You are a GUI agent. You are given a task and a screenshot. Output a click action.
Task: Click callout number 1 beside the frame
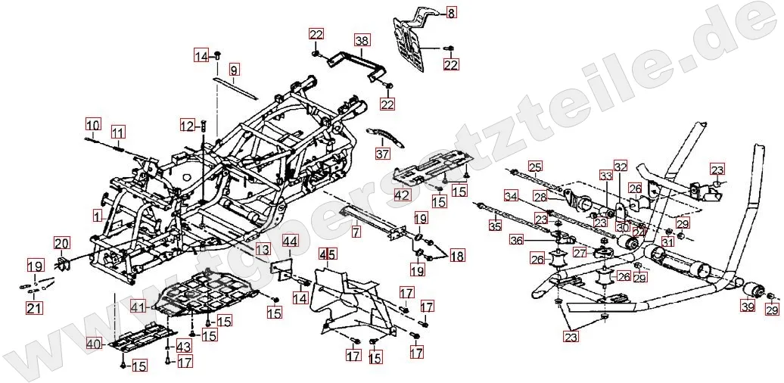[x=97, y=216]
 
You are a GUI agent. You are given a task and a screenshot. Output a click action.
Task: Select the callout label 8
[x=451, y=13]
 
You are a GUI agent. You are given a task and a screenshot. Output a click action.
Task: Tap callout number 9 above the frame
[x=234, y=71]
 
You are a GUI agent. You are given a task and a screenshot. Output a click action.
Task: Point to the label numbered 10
[x=92, y=125]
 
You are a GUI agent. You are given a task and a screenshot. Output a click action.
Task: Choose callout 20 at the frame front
[x=61, y=243]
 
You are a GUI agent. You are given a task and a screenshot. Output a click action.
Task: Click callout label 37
[x=382, y=154]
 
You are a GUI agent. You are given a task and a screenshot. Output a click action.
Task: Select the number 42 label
[x=401, y=195]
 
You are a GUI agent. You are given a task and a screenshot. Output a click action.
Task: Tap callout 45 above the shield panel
[x=327, y=254]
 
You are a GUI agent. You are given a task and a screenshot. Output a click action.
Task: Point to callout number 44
[x=290, y=242]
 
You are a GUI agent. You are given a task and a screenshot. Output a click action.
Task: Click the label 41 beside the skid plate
[x=137, y=307]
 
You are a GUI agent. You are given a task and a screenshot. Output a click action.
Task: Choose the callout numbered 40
[x=93, y=344]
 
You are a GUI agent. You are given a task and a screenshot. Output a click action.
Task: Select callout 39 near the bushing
[x=748, y=307]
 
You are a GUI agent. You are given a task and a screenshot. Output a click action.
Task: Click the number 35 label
[x=494, y=225]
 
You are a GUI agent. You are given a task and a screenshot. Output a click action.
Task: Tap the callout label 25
[x=535, y=167]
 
